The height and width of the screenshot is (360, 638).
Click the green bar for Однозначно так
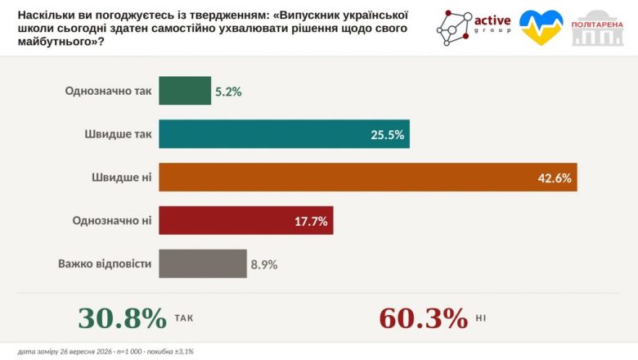185,91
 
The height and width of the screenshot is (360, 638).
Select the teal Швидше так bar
284,134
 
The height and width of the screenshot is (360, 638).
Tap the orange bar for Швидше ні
368,178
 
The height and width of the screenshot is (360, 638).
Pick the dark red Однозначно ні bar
245,220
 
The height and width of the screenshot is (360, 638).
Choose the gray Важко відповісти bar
203,263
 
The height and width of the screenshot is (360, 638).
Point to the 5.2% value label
228,92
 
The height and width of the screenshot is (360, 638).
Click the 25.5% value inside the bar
387,135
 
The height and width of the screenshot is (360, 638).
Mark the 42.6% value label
555,178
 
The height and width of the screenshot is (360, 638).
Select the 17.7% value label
311,221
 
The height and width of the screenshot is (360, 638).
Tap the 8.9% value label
264,265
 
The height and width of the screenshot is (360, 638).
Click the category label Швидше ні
122,178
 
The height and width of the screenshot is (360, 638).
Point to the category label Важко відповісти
105,263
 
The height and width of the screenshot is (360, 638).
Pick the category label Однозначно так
108,91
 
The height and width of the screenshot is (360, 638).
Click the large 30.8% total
123,317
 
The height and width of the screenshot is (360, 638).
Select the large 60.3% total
424,317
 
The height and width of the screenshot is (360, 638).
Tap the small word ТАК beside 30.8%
184,318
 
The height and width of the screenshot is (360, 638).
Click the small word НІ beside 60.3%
481,318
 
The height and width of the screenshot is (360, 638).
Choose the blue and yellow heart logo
541,27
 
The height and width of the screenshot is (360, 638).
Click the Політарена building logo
597,28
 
